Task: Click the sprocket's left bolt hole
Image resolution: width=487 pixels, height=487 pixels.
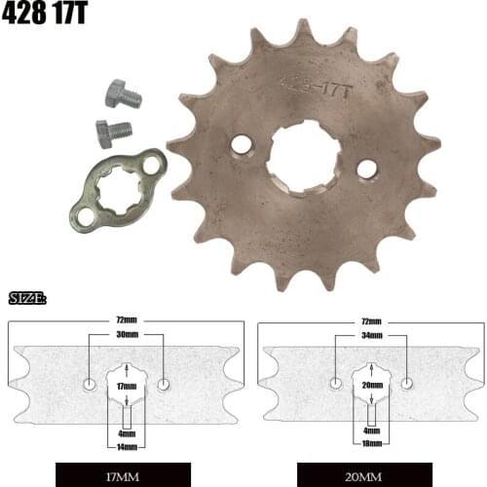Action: pyautogui.click(x=241, y=145)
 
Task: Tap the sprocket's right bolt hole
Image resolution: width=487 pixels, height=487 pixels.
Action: pyautogui.click(x=366, y=169)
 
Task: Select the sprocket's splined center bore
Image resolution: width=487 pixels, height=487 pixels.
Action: pyautogui.click(x=303, y=157)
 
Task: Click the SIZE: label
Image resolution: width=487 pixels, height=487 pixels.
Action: pyautogui.click(x=27, y=297)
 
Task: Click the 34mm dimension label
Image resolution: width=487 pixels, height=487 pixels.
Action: pyautogui.click(x=371, y=334)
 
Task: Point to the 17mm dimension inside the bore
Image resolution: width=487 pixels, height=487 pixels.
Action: pyautogui.click(x=127, y=387)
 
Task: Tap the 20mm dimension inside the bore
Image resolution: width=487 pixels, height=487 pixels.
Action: pyautogui.click(x=371, y=387)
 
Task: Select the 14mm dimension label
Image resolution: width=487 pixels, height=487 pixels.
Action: pyautogui.click(x=127, y=447)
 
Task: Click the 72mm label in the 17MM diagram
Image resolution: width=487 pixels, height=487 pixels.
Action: pyautogui.click(x=127, y=318)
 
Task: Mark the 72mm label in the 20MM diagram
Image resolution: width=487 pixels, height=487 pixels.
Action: pyautogui.click(x=371, y=318)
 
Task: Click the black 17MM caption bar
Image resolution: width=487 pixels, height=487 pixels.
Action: pyautogui.click(x=127, y=477)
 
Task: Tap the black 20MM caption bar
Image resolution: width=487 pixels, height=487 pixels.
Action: pyautogui.click(x=371, y=477)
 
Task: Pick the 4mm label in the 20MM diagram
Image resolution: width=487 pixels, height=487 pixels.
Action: pyautogui.click(x=371, y=430)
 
